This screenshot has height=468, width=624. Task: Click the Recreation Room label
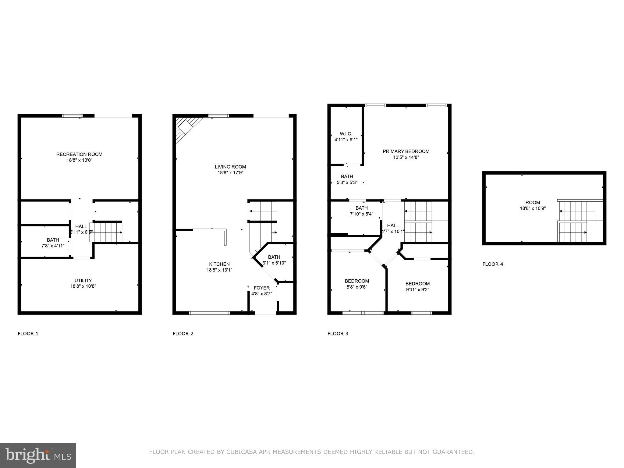[x=79, y=154]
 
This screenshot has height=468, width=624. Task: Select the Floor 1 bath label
[x=53, y=240]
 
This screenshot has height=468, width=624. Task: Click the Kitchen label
[x=219, y=264]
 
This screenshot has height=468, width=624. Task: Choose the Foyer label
[x=261, y=288]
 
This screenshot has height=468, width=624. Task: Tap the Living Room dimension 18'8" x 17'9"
[x=230, y=172]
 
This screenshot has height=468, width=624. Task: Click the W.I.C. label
[x=346, y=134]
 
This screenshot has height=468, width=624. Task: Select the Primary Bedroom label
[x=406, y=151]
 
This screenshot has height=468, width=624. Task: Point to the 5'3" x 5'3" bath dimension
[x=347, y=183]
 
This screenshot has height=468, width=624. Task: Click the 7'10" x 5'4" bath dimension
[x=361, y=214]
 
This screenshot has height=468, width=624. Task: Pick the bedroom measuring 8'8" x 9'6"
[x=357, y=281]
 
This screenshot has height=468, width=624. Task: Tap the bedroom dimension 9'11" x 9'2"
[x=417, y=289]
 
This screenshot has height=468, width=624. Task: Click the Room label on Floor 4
[x=533, y=203]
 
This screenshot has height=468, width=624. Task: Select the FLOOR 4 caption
[x=493, y=264]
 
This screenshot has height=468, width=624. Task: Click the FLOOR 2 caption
[x=183, y=333]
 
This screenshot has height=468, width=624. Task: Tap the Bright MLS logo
[x=38, y=456]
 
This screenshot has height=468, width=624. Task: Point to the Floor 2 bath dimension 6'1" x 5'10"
[x=274, y=263]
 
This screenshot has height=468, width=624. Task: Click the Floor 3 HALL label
[x=393, y=225]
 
